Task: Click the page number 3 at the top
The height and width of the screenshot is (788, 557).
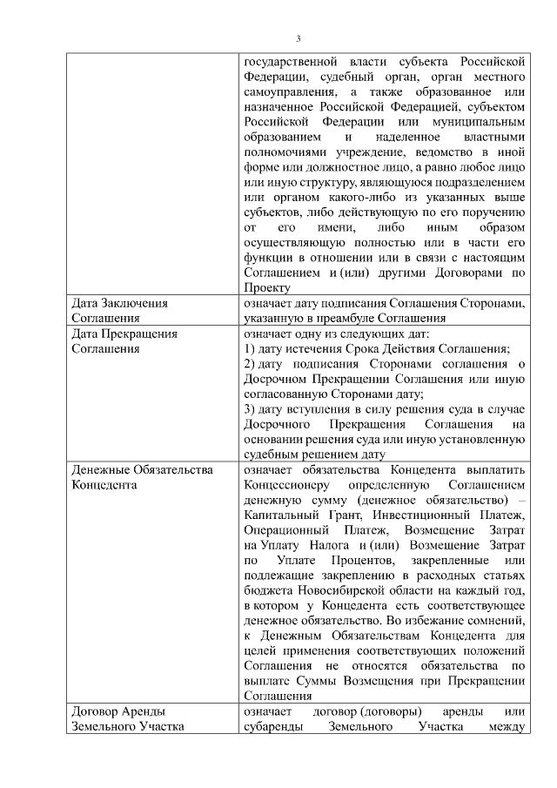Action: point(298,39)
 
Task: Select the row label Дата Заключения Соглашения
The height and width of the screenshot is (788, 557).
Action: point(118,311)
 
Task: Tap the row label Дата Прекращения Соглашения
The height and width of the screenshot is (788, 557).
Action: point(124,341)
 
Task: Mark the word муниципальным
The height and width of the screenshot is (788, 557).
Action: point(480,123)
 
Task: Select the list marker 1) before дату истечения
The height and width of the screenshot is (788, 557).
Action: point(250,349)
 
